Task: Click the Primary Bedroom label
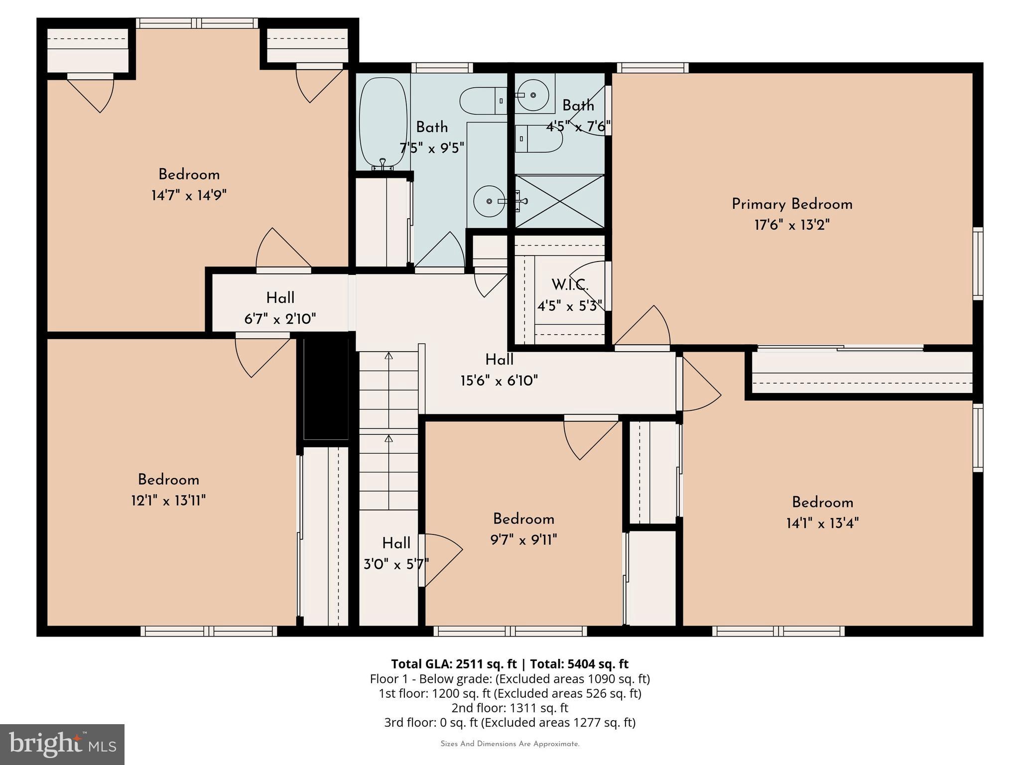click(x=792, y=204)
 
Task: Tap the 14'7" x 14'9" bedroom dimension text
click(x=189, y=195)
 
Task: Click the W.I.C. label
click(x=570, y=285)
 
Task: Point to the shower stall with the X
click(x=560, y=201)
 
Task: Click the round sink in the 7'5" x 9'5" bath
click(x=489, y=201)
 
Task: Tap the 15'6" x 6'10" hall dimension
click(x=499, y=381)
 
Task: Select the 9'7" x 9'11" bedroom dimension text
click(x=523, y=540)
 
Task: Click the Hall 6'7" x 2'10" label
click(x=280, y=308)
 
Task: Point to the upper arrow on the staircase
click(x=388, y=356)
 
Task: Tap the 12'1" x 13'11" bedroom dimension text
click(x=168, y=501)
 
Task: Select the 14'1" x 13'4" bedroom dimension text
click(x=822, y=523)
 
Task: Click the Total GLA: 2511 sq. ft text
click(x=454, y=664)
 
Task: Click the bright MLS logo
click(x=62, y=744)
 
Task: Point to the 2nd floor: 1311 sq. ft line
click(x=510, y=708)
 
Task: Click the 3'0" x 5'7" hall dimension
click(x=396, y=564)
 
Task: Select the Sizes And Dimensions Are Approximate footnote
click(x=510, y=744)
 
